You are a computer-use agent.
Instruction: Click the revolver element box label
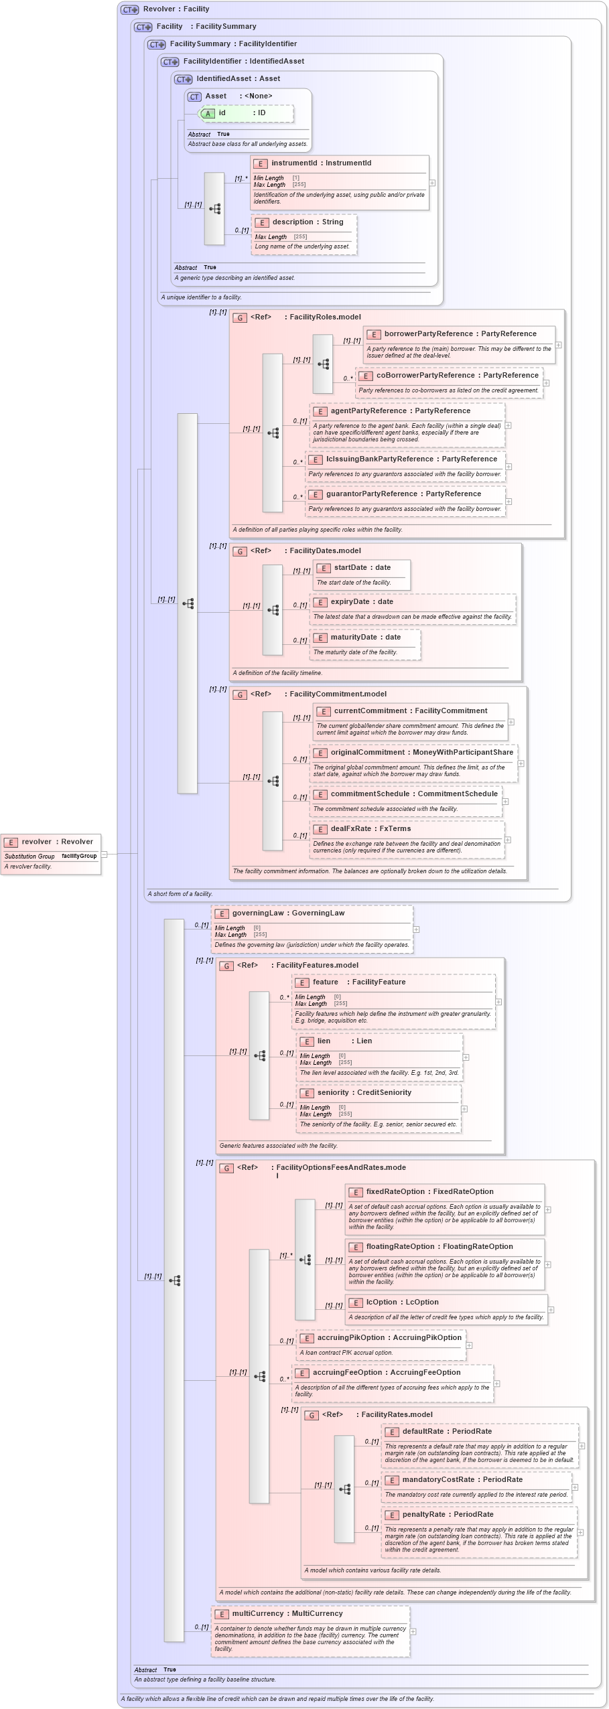(x=36, y=842)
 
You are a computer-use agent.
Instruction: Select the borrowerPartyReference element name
(x=428, y=333)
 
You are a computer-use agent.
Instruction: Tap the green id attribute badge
(x=208, y=113)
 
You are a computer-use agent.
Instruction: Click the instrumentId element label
(x=293, y=163)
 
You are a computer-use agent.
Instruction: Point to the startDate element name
(x=349, y=567)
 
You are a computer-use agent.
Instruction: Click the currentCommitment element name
(x=370, y=711)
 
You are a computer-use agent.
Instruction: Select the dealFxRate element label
(x=352, y=828)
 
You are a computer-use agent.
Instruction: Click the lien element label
(x=324, y=1041)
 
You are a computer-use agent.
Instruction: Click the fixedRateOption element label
(x=395, y=1191)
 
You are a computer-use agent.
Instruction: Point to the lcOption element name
(x=381, y=1302)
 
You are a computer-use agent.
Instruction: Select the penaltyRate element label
(x=423, y=1514)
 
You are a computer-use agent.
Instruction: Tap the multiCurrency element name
(x=260, y=1613)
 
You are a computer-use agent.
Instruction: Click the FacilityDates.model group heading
(x=325, y=550)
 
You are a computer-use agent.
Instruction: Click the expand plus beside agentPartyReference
(x=508, y=425)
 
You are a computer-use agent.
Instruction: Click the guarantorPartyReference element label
(x=371, y=494)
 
